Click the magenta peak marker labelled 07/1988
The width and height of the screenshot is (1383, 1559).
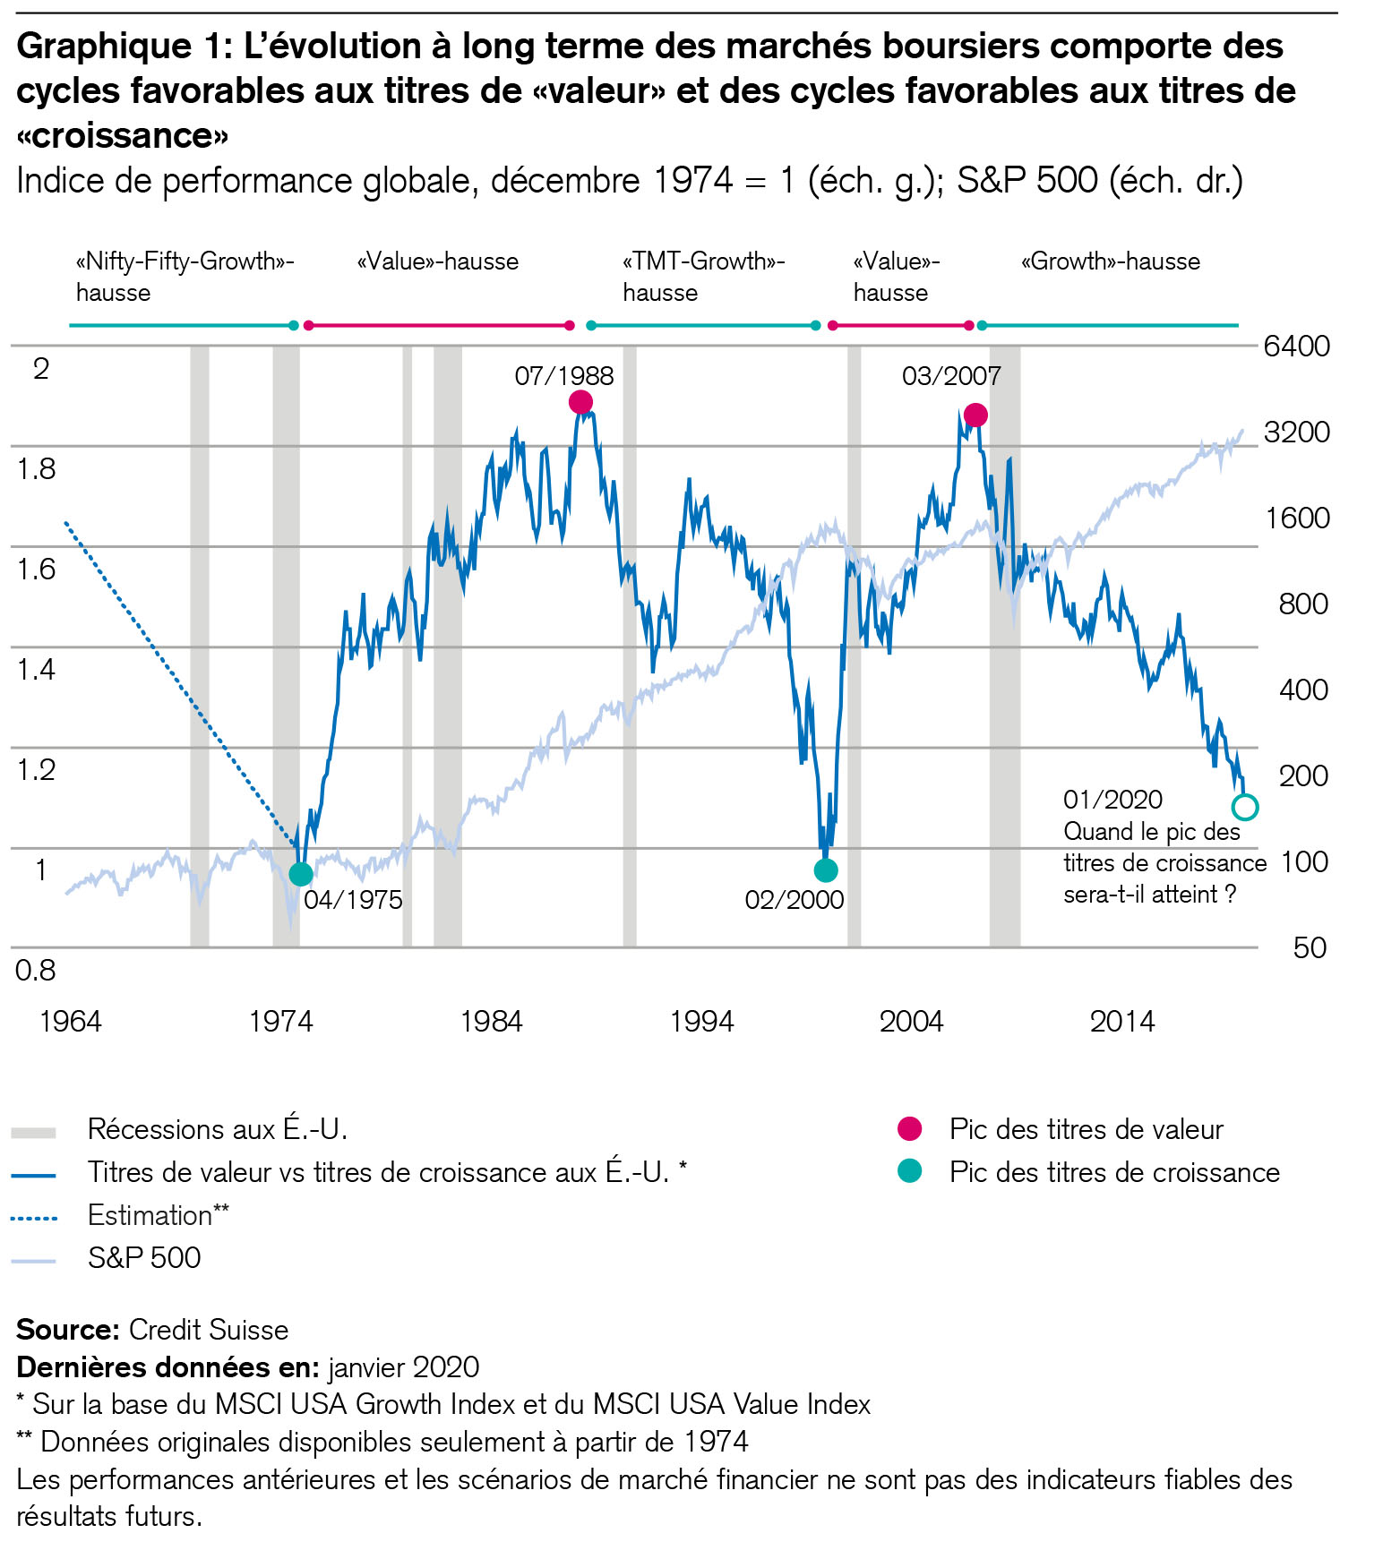pyautogui.click(x=580, y=403)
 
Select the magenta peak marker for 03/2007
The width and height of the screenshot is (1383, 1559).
pyautogui.click(x=975, y=415)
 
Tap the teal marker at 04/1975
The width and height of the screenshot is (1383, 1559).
pyautogui.click(x=301, y=874)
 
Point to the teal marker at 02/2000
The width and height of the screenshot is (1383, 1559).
pyautogui.click(x=826, y=869)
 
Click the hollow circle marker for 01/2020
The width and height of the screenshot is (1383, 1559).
pyautogui.click(x=1244, y=807)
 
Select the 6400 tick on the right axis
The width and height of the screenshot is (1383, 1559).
pyautogui.click(x=1296, y=346)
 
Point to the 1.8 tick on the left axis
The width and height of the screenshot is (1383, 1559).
pyautogui.click(x=36, y=468)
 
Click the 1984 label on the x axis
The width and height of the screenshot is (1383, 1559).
pyautogui.click(x=491, y=1022)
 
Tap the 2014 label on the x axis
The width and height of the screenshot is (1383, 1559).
pyautogui.click(x=1121, y=1022)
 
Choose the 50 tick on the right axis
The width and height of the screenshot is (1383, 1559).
pyautogui.click(x=1310, y=947)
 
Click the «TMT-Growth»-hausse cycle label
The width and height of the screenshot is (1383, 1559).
pyautogui.click(x=703, y=277)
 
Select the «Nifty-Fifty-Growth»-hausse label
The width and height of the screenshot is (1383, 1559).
pyautogui.click(x=185, y=277)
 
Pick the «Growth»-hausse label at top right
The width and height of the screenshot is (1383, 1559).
pyautogui.click(x=1110, y=261)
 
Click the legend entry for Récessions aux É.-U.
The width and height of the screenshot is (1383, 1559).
pyautogui.click(x=217, y=1129)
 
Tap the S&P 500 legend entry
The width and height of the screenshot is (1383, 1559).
pyautogui.click(x=143, y=1258)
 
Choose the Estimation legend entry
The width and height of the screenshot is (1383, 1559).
pyautogui.click(x=158, y=1215)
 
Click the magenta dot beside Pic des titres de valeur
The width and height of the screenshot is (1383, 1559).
pyautogui.click(x=909, y=1129)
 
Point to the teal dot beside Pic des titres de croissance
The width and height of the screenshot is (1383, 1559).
pyautogui.click(x=909, y=1171)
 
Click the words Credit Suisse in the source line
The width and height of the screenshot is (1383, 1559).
pyautogui.click(x=208, y=1330)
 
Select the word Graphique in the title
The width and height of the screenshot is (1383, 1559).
pyautogui.click(x=104, y=46)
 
